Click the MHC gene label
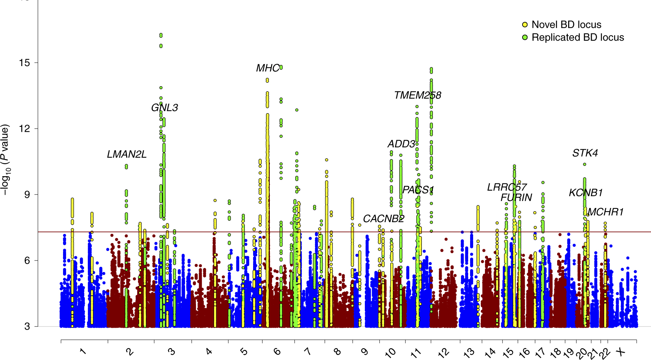click(268, 68)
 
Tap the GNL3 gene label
click(164, 108)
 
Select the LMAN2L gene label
click(127, 155)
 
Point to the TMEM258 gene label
click(417, 95)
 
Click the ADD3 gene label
click(401, 144)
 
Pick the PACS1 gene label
click(418, 190)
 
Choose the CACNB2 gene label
click(383, 219)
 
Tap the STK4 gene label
click(585, 153)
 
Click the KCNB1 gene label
click(586, 193)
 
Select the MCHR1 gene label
click(605, 212)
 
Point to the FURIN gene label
click(516, 198)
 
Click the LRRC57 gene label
click(507, 188)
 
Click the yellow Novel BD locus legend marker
click(525, 25)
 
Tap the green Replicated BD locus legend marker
click(525, 38)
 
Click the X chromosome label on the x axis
click(620, 352)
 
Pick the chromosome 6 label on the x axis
click(277, 352)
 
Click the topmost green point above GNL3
click(161, 35)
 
